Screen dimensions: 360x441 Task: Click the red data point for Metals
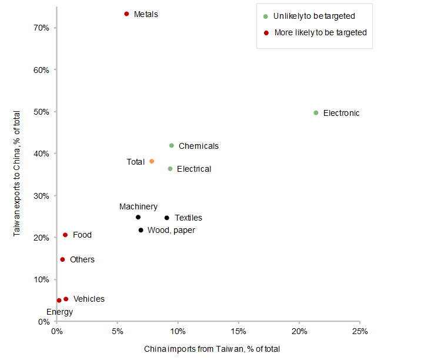[x=126, y=14]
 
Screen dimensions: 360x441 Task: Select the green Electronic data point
[x=316, y=113]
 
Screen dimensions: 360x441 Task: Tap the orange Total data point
[x=152, y=161]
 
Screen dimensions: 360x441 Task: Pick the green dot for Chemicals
[x=172, y=146]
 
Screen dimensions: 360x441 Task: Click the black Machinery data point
[x=138, y=217]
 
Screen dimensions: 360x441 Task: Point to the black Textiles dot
[x=166, y=218]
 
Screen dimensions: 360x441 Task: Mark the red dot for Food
[x=65, y=235]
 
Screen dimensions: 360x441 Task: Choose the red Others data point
[x=62, y=259]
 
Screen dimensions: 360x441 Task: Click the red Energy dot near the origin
[x=59, y=301]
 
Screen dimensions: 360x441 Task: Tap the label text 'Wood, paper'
[x=171, y=230]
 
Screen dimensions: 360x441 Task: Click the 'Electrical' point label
[x=193, y=169]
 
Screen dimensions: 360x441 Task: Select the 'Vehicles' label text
[x=89, y=299]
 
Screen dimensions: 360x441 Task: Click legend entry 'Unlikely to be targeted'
[x=315, y=16]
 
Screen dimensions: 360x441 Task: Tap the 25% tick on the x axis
[x=360, y=331]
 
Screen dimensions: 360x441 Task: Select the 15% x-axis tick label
[x=238, y=331]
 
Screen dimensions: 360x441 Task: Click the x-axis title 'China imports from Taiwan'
[x=212, y=349]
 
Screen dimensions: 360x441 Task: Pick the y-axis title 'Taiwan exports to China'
[x=18, y=174]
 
